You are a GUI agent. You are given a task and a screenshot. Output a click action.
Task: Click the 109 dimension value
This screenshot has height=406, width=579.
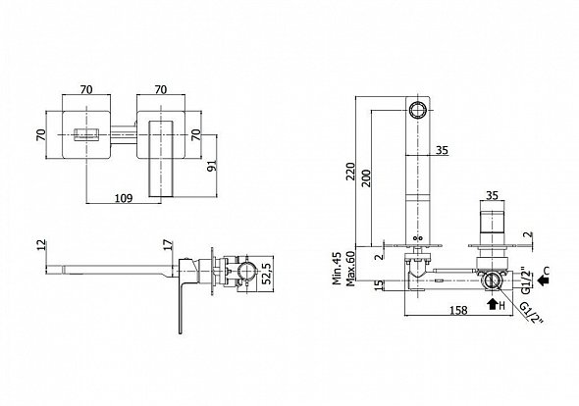[x=124, y=198]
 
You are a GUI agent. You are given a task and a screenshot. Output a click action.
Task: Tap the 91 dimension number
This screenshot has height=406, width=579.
[x=212, y=166]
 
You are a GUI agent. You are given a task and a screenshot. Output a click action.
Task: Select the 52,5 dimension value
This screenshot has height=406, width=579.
[x=268, y=274]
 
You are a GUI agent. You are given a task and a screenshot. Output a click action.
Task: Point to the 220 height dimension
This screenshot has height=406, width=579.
[x=350, y=172]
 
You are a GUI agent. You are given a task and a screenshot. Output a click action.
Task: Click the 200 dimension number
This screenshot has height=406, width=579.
[x=366, y=178]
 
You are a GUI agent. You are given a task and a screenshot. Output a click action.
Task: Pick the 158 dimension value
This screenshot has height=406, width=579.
[x=458, y=311]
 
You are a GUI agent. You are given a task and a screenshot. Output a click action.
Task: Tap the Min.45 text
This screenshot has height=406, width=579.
[x=337, y=269]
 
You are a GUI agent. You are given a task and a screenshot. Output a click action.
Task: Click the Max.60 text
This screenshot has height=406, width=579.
[x=349, y=269]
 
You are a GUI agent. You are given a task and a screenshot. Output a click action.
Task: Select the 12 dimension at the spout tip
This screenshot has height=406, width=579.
[x=42, y=245]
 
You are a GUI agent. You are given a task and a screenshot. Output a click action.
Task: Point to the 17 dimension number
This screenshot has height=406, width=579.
[x=168, y=245]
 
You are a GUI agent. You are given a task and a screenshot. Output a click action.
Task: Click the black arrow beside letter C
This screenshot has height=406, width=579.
[x=542, y=281]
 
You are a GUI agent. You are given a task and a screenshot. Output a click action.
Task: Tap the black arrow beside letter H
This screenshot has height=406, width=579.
[x=492, y=304]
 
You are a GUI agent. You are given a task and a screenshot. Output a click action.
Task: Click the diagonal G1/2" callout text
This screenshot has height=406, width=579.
[x=532, y=313]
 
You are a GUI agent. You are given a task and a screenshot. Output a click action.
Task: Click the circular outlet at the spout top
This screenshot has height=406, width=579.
[x=418, y=110]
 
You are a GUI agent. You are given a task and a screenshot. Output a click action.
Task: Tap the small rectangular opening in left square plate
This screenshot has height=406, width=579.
[x=87, y=134]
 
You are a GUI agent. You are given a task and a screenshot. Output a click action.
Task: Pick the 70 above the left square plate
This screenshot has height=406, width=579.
[x=86, y=89]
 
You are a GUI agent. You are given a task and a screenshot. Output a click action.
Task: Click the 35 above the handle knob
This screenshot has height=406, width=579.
[x=492, y=195]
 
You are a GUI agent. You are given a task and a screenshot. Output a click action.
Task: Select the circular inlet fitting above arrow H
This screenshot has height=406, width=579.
[x=492, y=281]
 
